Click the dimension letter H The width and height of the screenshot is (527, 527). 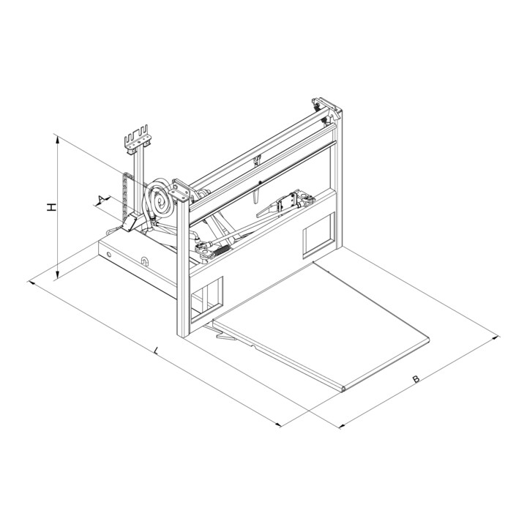[51, 207]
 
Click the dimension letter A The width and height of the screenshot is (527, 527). [100, 200]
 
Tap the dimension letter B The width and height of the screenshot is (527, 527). [416, 379]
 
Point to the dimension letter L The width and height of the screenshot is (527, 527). [156, 351]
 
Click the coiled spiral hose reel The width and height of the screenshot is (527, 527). [160, 199]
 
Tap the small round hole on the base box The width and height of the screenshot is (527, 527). [109, 255]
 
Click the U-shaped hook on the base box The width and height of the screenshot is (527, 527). [144, 261]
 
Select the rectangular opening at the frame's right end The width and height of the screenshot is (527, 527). [318, 234]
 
